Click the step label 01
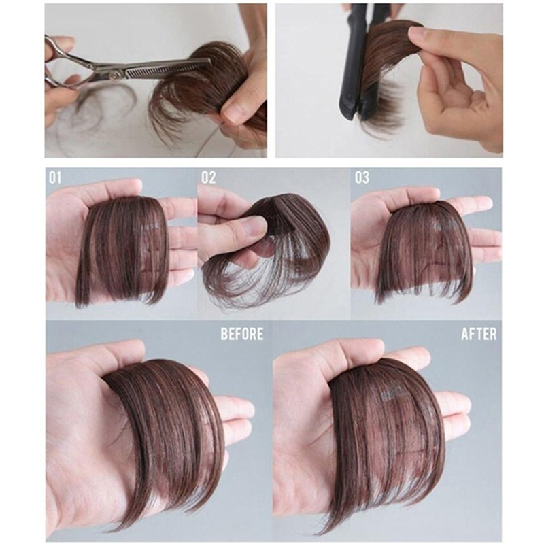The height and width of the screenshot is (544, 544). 55,178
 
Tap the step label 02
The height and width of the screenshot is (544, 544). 209,178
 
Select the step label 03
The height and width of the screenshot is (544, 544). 362,178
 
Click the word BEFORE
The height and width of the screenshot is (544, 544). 242,334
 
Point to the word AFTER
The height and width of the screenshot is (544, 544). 479,334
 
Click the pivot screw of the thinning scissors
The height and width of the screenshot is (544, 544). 114,73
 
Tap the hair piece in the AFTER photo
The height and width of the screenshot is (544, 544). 385,441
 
